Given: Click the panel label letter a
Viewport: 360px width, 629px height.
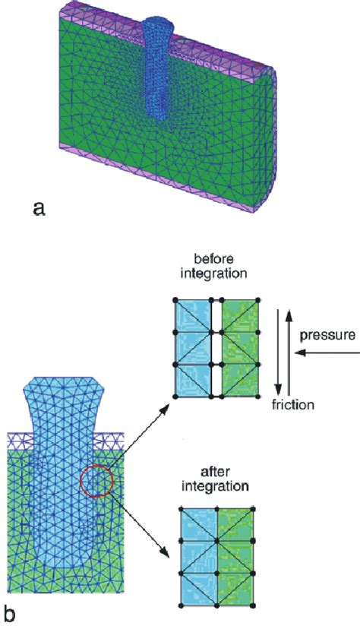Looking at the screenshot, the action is coord(39,209).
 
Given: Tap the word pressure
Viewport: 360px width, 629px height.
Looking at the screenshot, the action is coord(327,335).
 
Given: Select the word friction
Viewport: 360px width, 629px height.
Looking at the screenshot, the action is coord(292,404).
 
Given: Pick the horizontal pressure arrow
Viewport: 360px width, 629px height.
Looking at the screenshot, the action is coord(326,352).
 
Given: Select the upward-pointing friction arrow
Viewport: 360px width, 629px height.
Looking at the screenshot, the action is coord(287,354).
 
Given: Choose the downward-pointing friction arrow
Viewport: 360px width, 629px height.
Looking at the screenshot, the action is coord(277,354).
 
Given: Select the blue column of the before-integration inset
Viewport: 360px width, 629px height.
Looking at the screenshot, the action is coord(193,348).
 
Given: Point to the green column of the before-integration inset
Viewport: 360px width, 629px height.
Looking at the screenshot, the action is coord(239,348).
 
